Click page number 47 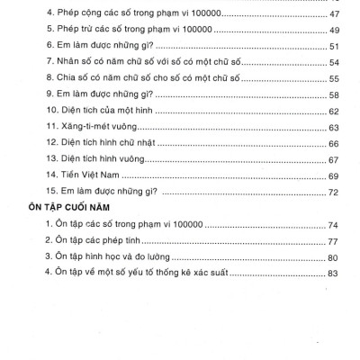[x=337, y=17]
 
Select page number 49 [x=337, y=31]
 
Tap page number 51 [x=337, y=47]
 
